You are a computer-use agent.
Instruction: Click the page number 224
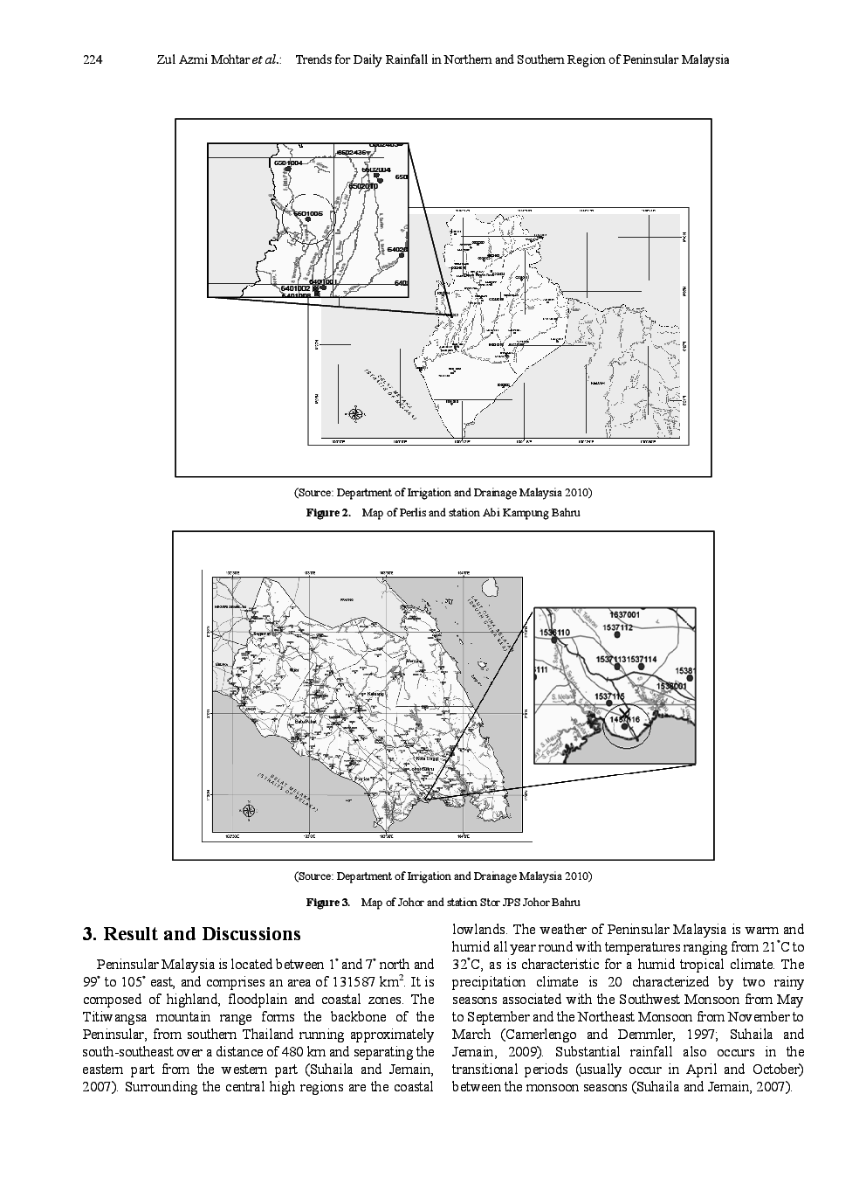tap(93, 60)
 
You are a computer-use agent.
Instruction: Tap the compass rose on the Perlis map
tap(355, 413)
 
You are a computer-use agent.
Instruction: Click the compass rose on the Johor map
tap(247, 811)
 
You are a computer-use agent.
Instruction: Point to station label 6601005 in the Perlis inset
tap(308, 213)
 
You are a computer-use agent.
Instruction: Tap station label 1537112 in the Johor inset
tap(617, 627)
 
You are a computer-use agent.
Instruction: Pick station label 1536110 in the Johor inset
tap(555, 632)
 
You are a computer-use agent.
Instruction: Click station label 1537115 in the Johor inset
tap(609, 696)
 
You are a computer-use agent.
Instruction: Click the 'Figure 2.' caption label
tap(327, 513)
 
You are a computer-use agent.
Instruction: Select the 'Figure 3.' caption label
tap(327, 902)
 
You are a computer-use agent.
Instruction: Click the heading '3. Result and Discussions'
tap(191, 934)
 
